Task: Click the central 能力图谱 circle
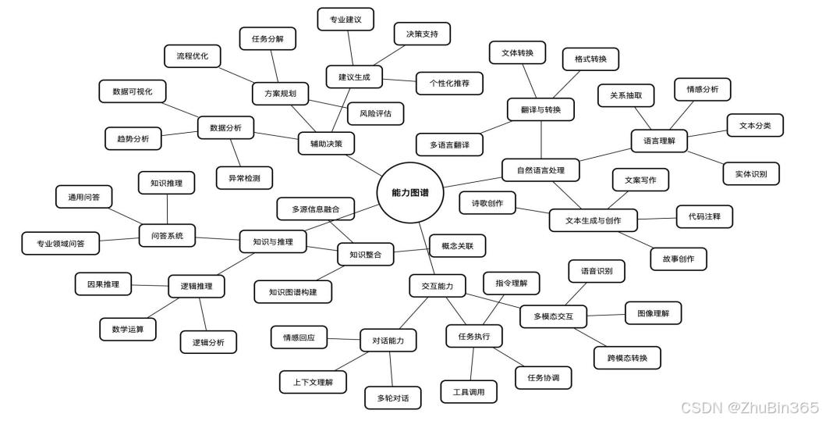tap(408, 192)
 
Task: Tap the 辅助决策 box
tap(326, 143)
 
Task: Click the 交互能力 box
tap(437, 286)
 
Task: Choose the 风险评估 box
tap(375, 113)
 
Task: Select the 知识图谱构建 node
tap(293, 291)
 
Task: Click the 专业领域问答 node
tap(60, 243)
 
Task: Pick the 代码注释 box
tap(704, 216)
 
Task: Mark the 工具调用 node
tap(469, 391)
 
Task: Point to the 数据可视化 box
tap(133, 91)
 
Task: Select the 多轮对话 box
tap(393, 398)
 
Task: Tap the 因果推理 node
tap(103, 284)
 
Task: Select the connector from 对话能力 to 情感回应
tap(343, 339)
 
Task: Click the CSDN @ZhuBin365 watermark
tap(749, 407)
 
